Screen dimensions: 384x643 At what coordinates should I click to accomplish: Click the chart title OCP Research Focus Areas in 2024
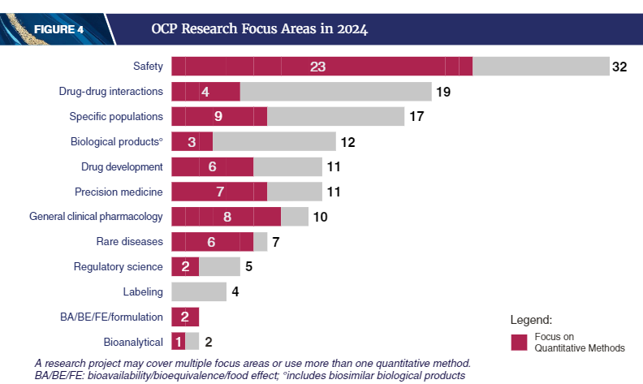tap(259, 30)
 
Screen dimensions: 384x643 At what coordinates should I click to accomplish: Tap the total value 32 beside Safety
tap(619, 67)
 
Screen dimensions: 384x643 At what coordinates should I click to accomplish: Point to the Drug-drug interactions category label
tap(111, 92)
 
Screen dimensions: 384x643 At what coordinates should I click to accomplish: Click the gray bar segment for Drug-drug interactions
tap(335, 92)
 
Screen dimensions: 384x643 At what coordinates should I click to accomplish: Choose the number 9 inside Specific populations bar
tap(218, 116)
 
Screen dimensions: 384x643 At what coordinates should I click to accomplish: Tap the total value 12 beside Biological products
tap(347, 142)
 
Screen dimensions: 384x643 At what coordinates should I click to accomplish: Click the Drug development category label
tap(122, 166)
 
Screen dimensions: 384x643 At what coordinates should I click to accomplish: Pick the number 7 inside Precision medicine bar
tap(218, 192)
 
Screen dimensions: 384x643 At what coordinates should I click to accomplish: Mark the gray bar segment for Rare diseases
tap(260, 241)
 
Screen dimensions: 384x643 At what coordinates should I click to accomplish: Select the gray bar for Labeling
tap(199, 291)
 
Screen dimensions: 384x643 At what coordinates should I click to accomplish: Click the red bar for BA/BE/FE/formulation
tap(185, 317)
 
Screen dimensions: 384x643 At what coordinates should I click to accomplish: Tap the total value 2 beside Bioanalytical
tap(209, 342)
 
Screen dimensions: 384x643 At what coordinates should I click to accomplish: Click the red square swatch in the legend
tap(519, 342)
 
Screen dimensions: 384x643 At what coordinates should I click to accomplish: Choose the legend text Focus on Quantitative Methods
tap(578, 342)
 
